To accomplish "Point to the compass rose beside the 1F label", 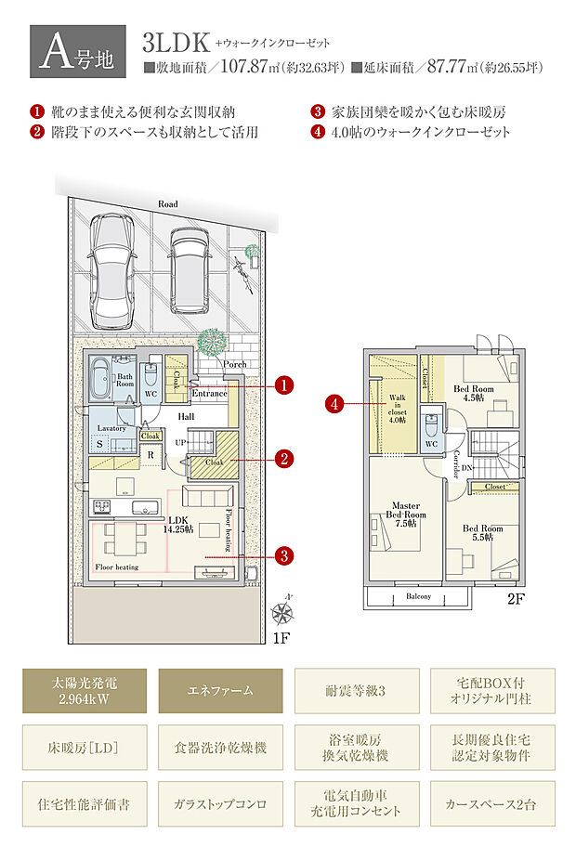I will pyautogui.click(x=283, y=612).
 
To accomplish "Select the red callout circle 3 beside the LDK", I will pyautogui.click(x=285, y=555).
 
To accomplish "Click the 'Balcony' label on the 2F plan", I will pyautogui.click(x=419, y=597).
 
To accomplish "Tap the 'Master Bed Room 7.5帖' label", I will pyautogui.click(x=406, y=515).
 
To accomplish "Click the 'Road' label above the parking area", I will pyautogui.click(x=167, y=203).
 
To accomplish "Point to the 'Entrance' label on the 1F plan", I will pyautogui.click(x=209, y=394).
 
